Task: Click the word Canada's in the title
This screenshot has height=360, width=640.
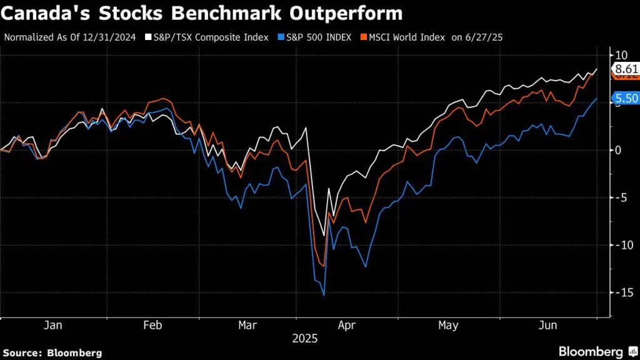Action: pyautogui.click(x=43, y=13)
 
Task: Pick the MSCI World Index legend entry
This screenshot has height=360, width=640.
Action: pyautogui.click(x=401, y=37)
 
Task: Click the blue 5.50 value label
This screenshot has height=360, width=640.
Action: pyautogui.click(x=625, y=98)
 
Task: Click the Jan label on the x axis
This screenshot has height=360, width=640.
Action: pyautogui.click(x=54, y=326)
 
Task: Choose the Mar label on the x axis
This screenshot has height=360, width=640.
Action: pyautogui.click(x=248, y=326)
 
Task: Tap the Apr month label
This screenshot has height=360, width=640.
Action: pyautogui.click(x=346, y=326)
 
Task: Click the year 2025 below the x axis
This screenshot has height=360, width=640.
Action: pyautogui.click(x=305, y=339)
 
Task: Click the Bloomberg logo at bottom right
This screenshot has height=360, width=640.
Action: pyautogui.click(x=599, y=351)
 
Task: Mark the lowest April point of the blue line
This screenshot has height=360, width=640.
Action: pyautogui.click(x=323, y=295)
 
